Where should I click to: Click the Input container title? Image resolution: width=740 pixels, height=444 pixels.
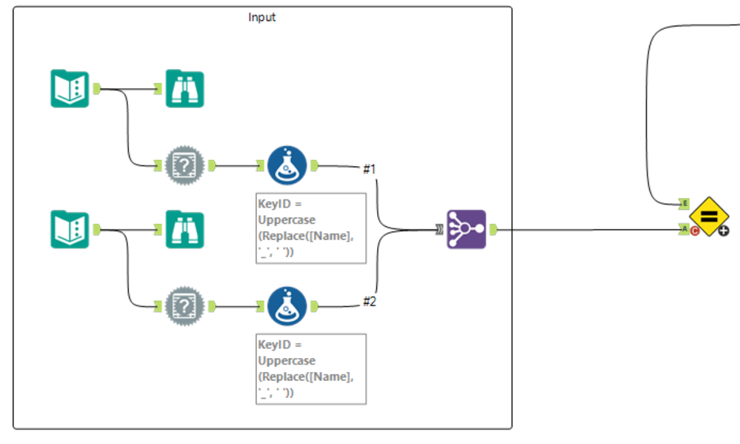point(261,17)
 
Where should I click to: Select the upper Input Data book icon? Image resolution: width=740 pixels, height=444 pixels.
point(70,89)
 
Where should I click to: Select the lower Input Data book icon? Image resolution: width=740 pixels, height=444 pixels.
point(70,229)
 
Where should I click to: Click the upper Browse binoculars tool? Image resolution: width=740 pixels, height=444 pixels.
point(184,89)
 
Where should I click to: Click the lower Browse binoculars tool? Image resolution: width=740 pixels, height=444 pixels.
point(184,229)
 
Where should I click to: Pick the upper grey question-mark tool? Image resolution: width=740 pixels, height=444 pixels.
point(184,165)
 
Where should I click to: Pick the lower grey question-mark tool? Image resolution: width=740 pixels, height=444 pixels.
point(184,305)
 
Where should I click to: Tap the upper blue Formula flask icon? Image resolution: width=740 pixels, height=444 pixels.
point(286,165)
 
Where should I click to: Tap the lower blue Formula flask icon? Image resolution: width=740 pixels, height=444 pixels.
point(286,305)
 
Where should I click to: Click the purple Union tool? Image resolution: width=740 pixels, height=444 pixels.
point(466,229)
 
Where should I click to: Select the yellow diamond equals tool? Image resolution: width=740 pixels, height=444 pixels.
point(709,216)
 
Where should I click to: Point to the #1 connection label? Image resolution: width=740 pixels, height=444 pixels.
point(370,170)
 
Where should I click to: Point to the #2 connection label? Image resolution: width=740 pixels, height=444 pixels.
point(370,301)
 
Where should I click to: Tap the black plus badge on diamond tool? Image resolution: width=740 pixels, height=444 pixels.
point(723,231)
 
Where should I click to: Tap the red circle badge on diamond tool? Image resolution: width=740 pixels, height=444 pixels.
point(696,231)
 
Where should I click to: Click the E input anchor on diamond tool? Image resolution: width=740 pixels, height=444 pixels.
point(684,203)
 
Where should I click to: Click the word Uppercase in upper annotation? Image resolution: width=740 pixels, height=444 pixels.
point(286,220)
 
